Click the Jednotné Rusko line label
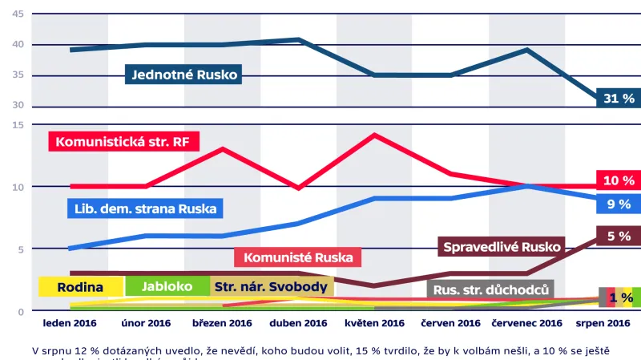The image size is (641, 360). click(x=184, y=75)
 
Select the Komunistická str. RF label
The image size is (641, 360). click(x=124, y=141)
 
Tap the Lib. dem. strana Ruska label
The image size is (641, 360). click(x=143, y=209)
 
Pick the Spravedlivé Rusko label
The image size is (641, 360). click(x=503, y=246)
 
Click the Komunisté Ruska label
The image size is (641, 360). click(x=298, y=257)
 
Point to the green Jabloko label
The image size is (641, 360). click(x=167, y=286)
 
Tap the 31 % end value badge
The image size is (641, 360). click(x=618, y=98)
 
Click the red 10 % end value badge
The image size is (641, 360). click(x=618, y=180)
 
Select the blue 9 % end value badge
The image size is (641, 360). click(x=618, y=204)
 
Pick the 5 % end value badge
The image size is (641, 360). click(x=618, y=236)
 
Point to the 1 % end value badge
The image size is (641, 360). click(x=619, y=297)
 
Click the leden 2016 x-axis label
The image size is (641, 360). click(x=70, y=324)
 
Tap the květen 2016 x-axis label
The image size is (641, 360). click(x=374, y=324)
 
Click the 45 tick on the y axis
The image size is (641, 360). click(x=18, y=14)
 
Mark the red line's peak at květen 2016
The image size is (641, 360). click(x=374, y=135)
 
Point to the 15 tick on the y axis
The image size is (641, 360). click(x=18, y=124)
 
